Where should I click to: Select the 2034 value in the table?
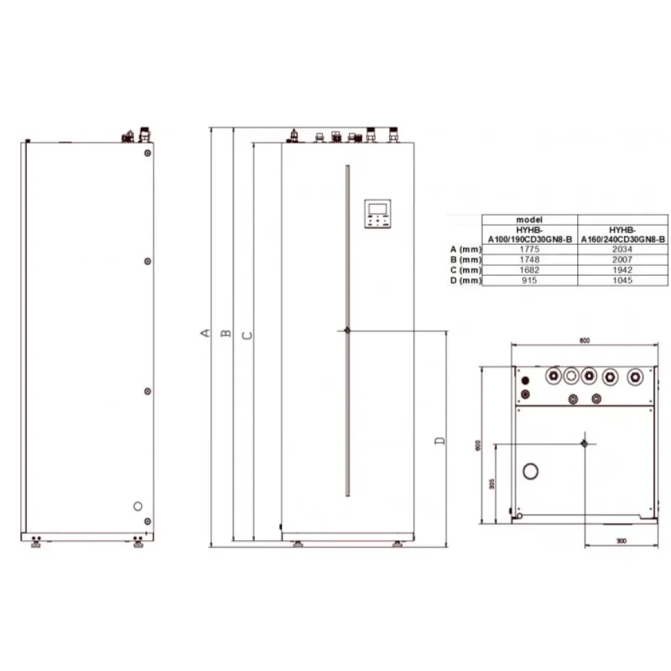622,249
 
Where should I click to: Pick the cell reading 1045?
622,280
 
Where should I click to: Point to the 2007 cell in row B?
622,260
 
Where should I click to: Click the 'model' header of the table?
529,218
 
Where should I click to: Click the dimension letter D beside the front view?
439,440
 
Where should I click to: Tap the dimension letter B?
226,334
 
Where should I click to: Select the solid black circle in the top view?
525,393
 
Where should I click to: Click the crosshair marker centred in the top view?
585,442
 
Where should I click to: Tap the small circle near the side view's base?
138,507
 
